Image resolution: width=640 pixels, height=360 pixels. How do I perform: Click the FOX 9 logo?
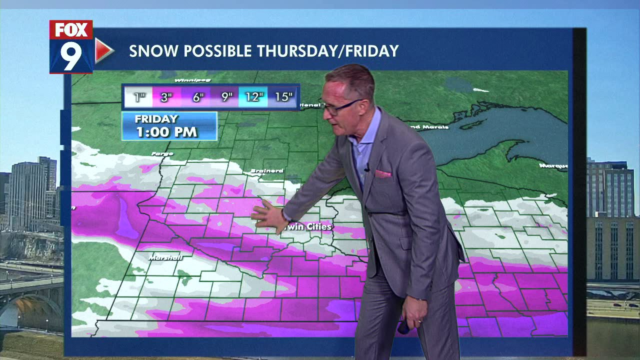coord(71,47)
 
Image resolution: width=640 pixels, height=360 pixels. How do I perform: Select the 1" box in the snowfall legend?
coord(139,97)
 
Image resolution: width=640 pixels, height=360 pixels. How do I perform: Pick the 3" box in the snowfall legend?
coord(167,97)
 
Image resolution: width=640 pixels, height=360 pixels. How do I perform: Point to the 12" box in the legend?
coord(254,97)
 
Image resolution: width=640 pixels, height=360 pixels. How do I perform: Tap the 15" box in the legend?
coord(283,97)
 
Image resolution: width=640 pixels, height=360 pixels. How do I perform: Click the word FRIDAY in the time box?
coord(156,119)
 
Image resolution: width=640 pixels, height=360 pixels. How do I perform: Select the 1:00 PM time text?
coord(167,132)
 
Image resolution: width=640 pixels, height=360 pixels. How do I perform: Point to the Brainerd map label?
coord(266,171)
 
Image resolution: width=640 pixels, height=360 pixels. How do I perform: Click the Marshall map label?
coord(165,257)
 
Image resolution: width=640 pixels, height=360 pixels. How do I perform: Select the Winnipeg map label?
coord(191,80)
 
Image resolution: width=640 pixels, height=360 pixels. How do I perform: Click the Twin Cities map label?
coord(307,227)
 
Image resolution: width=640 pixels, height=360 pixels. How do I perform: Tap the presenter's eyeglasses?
coord(342,106)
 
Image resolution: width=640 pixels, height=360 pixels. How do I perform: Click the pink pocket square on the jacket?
coord(383,173)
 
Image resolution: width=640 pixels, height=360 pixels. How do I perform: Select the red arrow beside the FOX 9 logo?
coord(103,50)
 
